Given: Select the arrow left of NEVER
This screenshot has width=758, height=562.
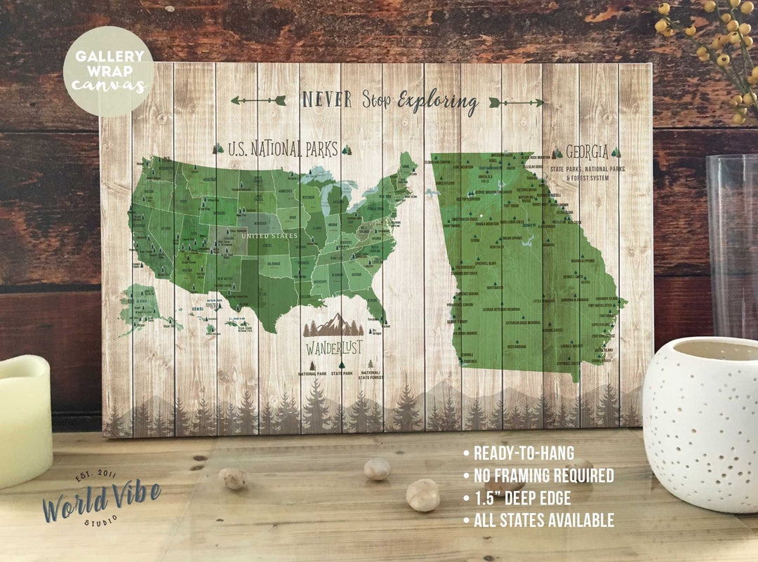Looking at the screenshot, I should coord(258,100).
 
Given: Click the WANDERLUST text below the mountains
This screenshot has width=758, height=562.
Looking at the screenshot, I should coord(333,348).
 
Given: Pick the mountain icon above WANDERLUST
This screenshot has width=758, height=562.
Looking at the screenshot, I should coord(334,325).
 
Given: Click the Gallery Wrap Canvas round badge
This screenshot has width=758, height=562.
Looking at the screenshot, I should coord(109,71).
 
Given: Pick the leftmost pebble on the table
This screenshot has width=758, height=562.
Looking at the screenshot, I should coord(234,478).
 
